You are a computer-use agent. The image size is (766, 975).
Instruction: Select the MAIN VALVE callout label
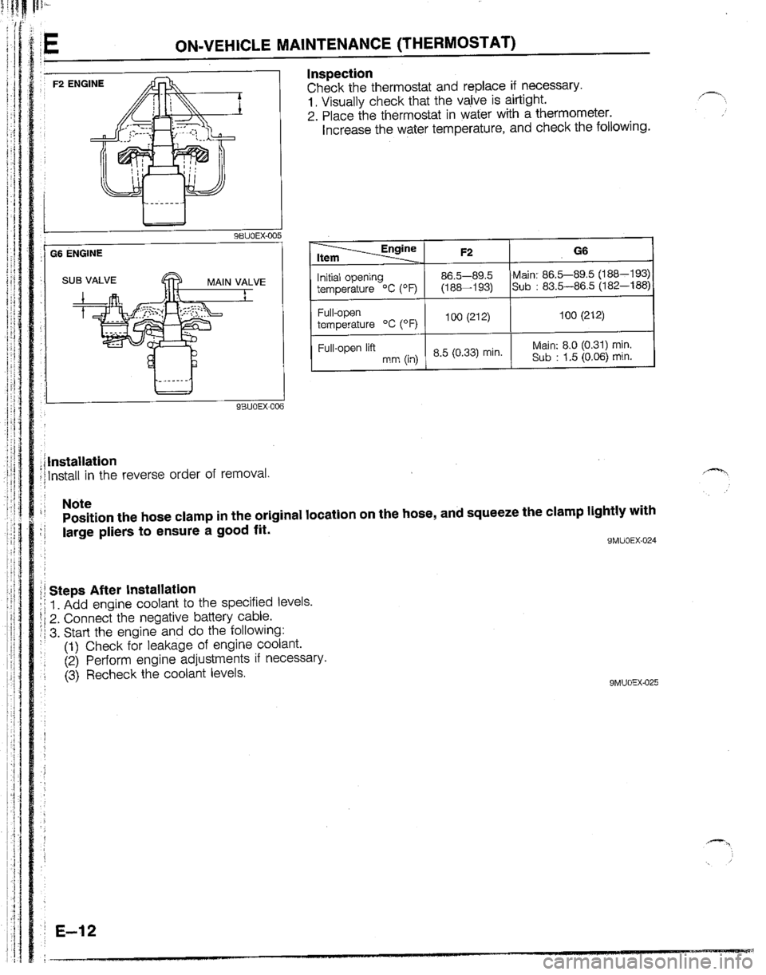click(x=237, y=281)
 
